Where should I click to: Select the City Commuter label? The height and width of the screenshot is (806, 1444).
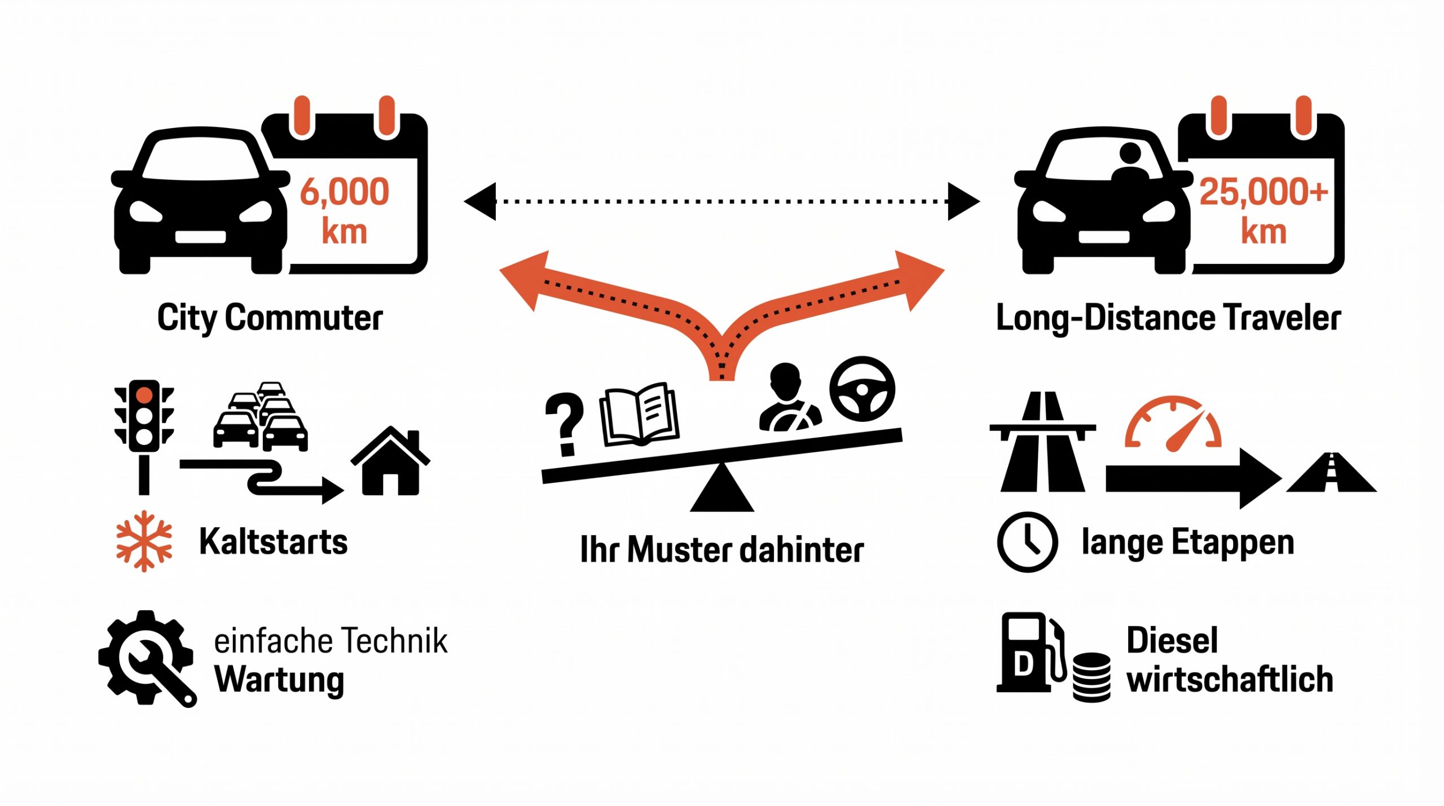click(x=270, y=318)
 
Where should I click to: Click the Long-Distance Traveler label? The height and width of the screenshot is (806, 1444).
click(x=1168, y=318)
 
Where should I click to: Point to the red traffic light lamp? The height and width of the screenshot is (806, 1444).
click(x=144, y=394)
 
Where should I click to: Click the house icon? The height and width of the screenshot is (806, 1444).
click(x=390, y=463)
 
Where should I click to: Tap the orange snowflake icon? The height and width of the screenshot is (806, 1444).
click(x=144, y=541)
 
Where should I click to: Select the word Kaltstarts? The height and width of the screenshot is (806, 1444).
click(x=274, y=541)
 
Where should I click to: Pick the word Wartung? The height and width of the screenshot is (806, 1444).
click(x=279, y=680)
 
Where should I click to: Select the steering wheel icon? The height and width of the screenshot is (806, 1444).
click(x=862, y=389)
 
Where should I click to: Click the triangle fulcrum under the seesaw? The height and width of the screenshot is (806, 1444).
click(x=722, y=491)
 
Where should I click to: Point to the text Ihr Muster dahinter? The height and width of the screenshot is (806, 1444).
click(x=722, y=550)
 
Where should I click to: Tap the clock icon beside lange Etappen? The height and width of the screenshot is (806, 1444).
click(x=1027, y=542)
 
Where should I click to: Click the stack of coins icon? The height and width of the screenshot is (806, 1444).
click(x=1091, y=677)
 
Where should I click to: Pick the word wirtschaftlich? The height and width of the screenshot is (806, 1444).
click(x=1230, y=680)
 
